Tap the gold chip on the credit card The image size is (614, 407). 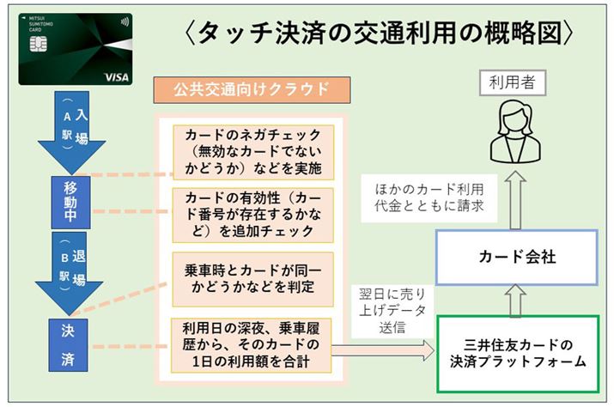tap(36, 52)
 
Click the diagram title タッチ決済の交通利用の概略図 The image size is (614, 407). tap(378, 33)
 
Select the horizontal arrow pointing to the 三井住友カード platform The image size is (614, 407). tap(382, 349)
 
